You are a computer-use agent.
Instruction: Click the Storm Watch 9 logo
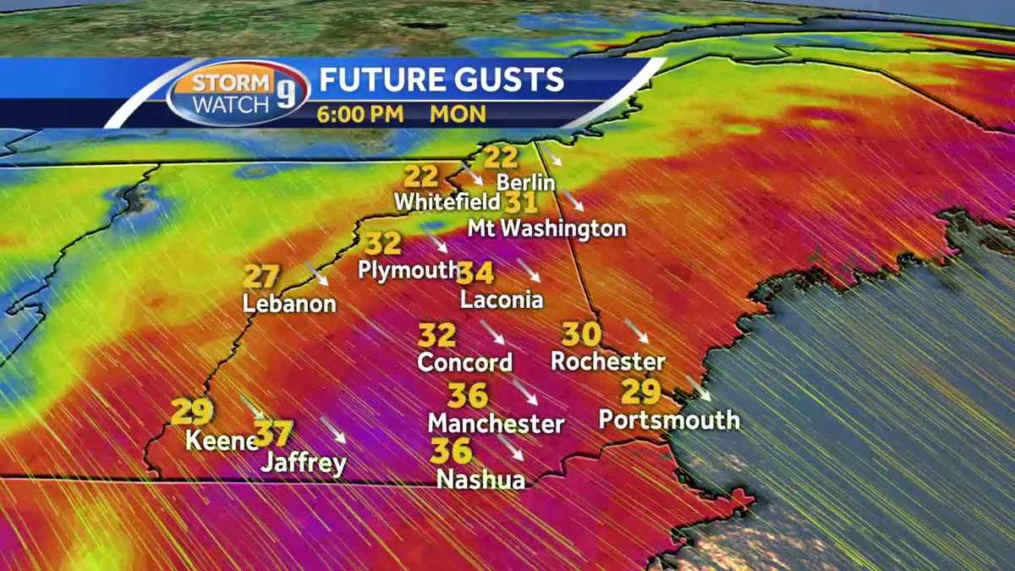click(238, 93)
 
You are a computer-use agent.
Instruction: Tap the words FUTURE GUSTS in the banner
click(441, 80)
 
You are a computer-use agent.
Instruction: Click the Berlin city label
click(525, 182)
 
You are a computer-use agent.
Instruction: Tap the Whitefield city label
click(447, 203)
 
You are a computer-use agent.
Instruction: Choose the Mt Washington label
click(546, 228)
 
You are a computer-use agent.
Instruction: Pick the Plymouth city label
click(408, 270)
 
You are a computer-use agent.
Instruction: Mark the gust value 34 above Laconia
click(475, 272)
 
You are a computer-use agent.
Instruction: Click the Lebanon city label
click(289, 304)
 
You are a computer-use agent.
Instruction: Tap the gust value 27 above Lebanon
click(261, 277)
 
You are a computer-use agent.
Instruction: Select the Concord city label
click(464, 362)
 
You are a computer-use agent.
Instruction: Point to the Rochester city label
click(607, 361)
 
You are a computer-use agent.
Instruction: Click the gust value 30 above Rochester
click(582, 334)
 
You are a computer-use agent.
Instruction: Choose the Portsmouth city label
click(669, 420)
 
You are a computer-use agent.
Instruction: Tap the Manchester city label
click(496, 422)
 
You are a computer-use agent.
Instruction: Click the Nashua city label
click(480, 479)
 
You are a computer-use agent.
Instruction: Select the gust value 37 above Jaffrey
click(273, 434)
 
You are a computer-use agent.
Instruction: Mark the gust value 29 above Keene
click(192, 412)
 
